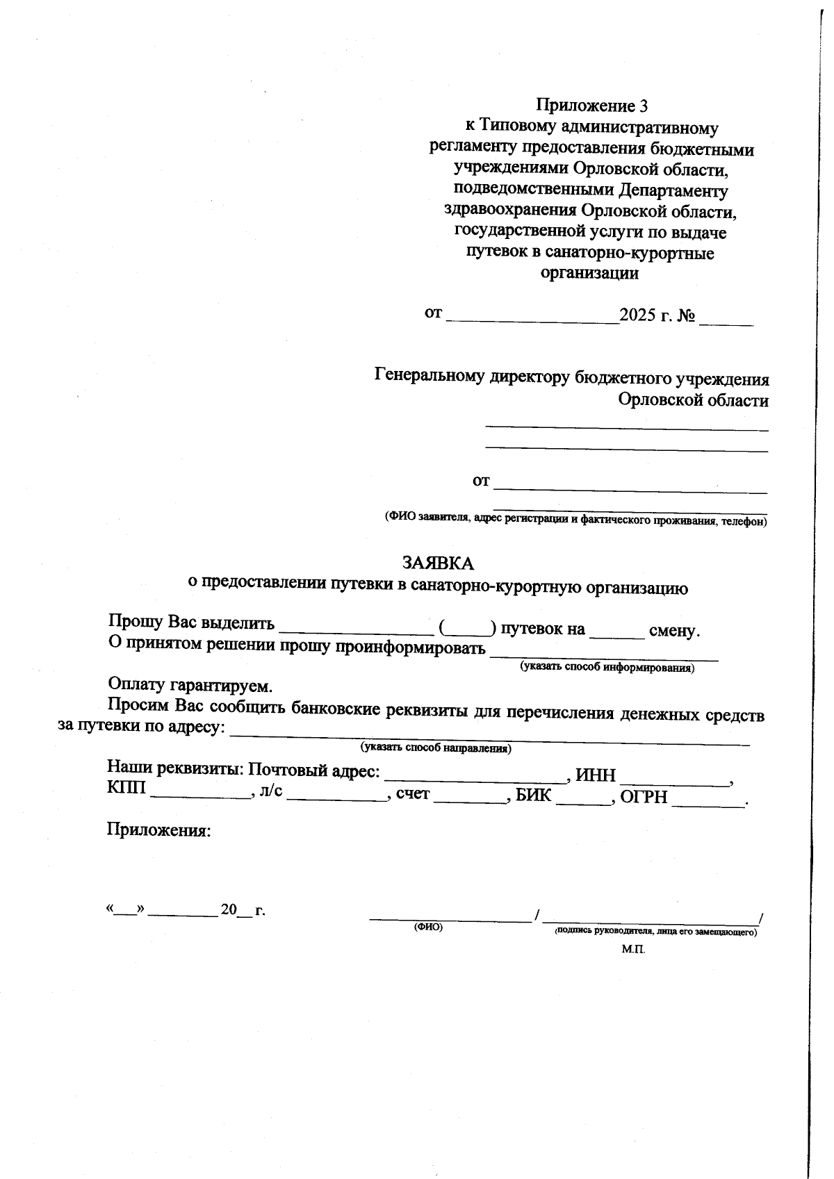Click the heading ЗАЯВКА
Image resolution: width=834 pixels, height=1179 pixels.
[438, 563]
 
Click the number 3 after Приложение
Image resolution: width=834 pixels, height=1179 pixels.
[643, 106]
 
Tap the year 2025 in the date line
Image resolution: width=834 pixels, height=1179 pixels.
[637, 315]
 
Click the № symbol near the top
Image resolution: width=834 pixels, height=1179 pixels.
[687, 316]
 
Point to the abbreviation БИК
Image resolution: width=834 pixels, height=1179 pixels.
[533, 795]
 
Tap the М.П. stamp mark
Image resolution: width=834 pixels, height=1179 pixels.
[633, 949]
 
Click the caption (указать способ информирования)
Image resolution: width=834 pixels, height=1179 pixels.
[607, 668]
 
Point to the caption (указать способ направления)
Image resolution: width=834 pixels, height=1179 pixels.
[436, 748]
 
